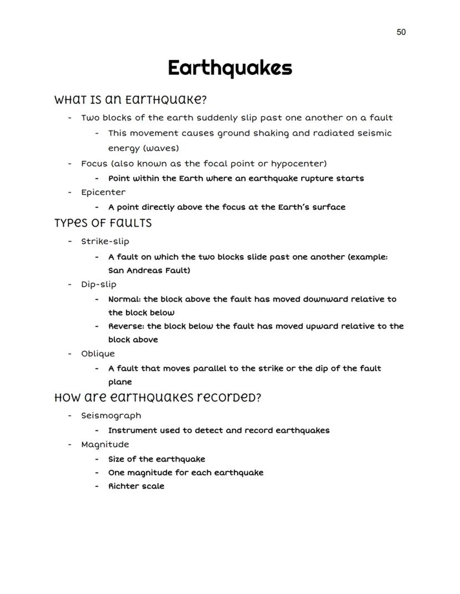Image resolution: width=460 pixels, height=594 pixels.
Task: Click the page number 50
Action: click(401, 32)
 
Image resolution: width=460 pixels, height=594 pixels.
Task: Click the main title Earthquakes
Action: click(229, 68)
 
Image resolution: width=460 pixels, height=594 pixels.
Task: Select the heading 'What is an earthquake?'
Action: click(131, 100)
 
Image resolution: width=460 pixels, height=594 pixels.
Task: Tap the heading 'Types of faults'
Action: click(103, 223)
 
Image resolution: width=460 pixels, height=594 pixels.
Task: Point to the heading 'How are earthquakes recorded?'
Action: click(157, 398)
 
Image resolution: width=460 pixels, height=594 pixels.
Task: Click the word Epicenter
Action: click(103, 192)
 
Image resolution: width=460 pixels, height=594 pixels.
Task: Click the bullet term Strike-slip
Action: click(105, 241)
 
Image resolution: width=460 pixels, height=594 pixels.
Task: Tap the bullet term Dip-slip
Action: click(99, 285)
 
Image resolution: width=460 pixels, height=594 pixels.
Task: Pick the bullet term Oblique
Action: click(98, 354)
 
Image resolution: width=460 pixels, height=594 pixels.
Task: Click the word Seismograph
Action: click(111, 416)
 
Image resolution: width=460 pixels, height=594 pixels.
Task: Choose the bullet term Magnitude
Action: click(105, 444)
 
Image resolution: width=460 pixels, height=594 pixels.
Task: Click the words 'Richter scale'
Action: click(136, 486)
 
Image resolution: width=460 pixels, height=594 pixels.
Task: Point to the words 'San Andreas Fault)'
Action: click(149, 271)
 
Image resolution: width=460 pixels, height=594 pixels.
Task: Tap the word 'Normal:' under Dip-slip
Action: click(124, 299)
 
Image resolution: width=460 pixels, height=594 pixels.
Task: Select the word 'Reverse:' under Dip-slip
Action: click(126, 326)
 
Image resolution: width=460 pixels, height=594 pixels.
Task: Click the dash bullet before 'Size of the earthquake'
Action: click(97, 459)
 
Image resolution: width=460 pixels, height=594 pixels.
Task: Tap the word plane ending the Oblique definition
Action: click(120, 382)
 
